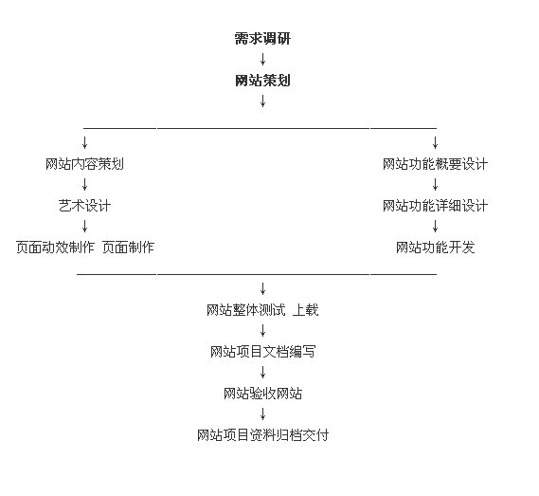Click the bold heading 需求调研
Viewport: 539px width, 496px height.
(x=262, y=39)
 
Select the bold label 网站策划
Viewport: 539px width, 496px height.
(x=262, y=81)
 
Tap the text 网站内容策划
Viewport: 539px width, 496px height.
(x=84, y=164)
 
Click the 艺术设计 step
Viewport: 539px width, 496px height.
(x=84, y=206)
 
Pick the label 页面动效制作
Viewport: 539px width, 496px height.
(x=55, y=248)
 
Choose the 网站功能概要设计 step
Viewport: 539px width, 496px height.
(x=435, y=164)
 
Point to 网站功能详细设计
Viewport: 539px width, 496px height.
(x=435, y=206)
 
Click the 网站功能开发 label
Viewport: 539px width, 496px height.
(x=435, y=248)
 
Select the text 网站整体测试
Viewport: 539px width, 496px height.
(x=245, y=310)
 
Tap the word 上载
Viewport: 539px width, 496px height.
(x=306, y=310)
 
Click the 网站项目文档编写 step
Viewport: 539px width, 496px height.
(x=262, y=352)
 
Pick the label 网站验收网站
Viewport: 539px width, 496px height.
(x=262, y=394)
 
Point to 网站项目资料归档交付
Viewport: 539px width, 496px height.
(x=262, y=435)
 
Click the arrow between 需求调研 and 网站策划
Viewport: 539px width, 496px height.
(x=262, y=59)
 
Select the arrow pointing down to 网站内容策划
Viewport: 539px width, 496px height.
(x=84, y=142)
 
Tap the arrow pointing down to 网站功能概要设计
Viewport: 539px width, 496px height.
(x=435, y=142)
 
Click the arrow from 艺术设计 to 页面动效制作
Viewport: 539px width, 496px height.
(x=84, y=226)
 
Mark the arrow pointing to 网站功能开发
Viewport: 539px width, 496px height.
(x=435, y=226)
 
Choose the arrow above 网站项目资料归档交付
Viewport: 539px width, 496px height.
(x=262, y=414)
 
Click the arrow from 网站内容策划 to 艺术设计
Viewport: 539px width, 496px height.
(x=84, y=185)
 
